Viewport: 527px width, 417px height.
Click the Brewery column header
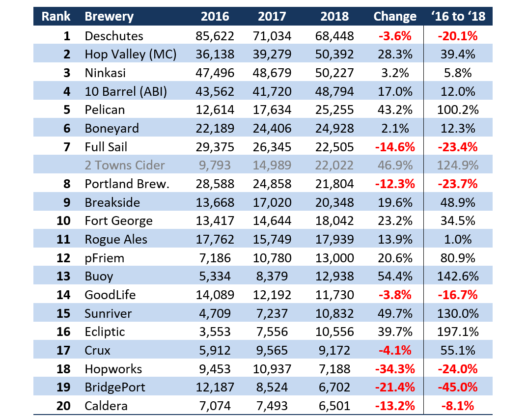coord(109,16)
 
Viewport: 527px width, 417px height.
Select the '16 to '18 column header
coord(458,16)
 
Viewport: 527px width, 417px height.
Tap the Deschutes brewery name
coord(114,36)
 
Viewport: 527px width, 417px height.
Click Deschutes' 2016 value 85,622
coord(215,36)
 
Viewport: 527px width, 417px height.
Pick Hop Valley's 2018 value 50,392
coord(334,54)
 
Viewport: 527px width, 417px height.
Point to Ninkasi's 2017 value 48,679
coord(272,73)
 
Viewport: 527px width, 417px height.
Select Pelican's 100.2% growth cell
coord(458,110)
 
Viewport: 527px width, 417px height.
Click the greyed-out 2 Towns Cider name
coord(125,165)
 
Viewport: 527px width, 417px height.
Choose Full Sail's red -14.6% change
coord(395,146)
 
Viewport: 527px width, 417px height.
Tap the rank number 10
coord(63,221)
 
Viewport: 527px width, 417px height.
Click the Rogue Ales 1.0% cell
coord(458,239)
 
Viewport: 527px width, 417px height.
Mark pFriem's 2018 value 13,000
coord(334,258)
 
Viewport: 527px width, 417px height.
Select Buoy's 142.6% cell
coord(458,276)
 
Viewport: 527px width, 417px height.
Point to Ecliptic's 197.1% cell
coord(458,332)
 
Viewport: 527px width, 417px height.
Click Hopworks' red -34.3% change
coord(395,369)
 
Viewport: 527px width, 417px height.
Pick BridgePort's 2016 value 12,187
coord(215,387)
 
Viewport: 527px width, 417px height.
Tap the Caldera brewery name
coord(106,406)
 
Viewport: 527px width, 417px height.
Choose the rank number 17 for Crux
coord(63,350)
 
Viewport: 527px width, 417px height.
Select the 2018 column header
coord(334,16)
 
